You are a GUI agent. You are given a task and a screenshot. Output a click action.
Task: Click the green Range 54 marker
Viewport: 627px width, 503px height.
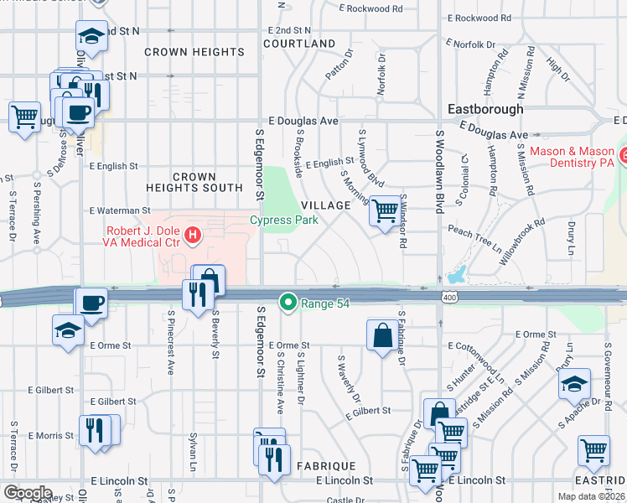click(288, 300)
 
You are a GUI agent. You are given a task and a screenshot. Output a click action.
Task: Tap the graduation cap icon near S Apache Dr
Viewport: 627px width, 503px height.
click(574, 385)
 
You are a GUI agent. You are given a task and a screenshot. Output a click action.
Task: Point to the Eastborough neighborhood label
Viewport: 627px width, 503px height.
click(485, 109)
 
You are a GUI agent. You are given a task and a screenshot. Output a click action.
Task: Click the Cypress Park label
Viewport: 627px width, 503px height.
click(284, 220)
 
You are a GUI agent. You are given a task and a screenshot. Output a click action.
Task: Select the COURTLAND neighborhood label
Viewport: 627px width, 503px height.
click(299, 44)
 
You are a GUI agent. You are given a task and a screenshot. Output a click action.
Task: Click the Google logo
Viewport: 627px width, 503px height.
click(28, 492)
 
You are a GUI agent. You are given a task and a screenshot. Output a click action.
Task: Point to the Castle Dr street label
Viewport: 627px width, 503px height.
click(344, 500)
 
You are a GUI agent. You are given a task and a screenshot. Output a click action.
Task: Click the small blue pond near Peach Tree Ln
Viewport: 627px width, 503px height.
click(458, 274)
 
